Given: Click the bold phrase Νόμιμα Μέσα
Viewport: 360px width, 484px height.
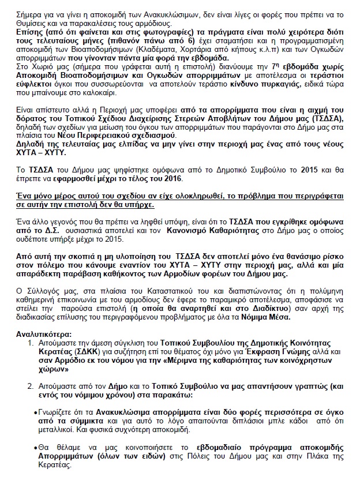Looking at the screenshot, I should click(282, 318).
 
